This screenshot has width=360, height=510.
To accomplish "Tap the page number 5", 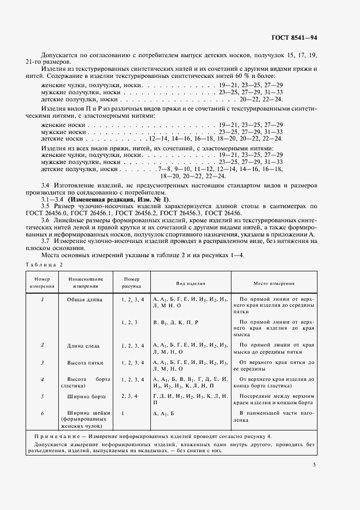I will [315, 465].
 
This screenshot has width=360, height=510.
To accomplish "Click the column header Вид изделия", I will [190, 284].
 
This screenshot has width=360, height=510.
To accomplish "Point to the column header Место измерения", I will [274, 284].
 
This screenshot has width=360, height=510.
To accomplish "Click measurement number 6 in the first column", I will [42, 414].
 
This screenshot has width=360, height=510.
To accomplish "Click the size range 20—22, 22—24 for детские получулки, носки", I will [264, 100].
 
